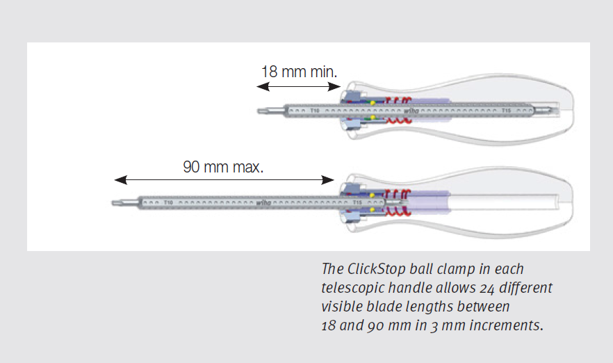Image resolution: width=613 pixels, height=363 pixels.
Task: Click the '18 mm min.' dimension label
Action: point(299,72)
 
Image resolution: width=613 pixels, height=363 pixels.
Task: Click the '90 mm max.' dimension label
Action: point(223,167)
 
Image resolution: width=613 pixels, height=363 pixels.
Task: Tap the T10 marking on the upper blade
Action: point(314,110)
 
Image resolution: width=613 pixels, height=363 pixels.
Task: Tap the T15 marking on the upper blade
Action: point(507,110)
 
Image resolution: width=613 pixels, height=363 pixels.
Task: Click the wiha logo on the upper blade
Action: point(411,110)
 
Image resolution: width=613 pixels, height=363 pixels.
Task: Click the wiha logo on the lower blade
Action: point(264,203)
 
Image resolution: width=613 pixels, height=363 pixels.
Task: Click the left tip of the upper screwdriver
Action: point(261,109)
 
